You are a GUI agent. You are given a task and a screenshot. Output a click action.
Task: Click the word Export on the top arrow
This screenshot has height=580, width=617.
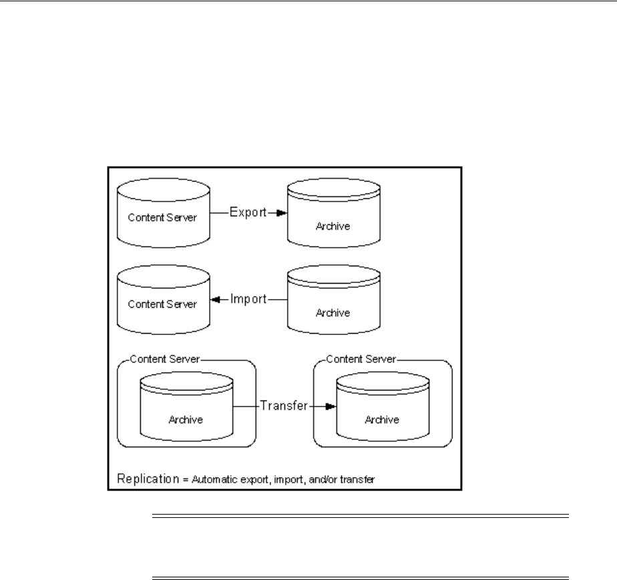pyautogui.click(x=246, y=213)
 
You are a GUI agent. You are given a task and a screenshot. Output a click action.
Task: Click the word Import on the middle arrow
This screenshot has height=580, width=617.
pyautogui.click(x=248, y=300)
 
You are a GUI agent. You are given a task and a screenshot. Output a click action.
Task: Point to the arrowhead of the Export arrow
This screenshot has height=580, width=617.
pyautogui.click(x=282, y=214)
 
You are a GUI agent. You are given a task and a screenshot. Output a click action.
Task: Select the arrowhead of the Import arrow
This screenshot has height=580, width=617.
pyautogui.click(x=216, y=300)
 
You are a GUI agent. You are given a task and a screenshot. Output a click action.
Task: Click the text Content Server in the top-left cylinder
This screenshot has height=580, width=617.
pyautogui.click(x=163, y=219)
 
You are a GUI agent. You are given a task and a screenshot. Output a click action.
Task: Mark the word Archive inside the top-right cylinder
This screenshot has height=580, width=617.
pyautogui.click(x=335, y=226)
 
